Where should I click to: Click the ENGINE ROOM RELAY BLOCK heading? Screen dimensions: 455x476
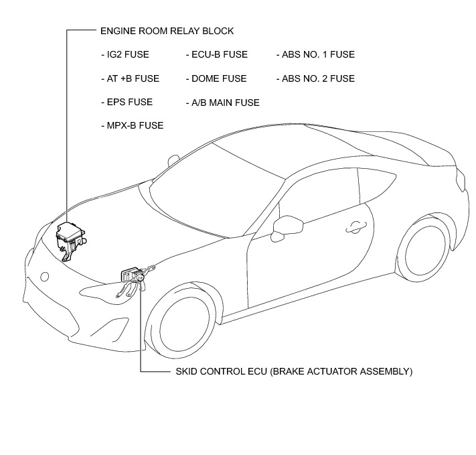[166, 31]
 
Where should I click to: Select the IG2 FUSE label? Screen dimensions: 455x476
[125, 54]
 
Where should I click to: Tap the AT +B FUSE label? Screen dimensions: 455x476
[129, 78]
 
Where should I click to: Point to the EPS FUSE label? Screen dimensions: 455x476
[126, 102]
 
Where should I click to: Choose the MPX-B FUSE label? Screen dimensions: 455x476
[131, 125]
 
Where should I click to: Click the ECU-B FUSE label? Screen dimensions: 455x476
[216, 54]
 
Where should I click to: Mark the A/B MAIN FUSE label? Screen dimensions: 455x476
[222, 103]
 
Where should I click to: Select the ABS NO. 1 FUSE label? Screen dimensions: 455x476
[315, 54]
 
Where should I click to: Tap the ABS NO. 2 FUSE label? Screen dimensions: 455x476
[315, 78]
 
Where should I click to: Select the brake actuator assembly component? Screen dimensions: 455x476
[132, 276]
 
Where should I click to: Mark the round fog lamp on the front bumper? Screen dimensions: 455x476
[44, 275]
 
